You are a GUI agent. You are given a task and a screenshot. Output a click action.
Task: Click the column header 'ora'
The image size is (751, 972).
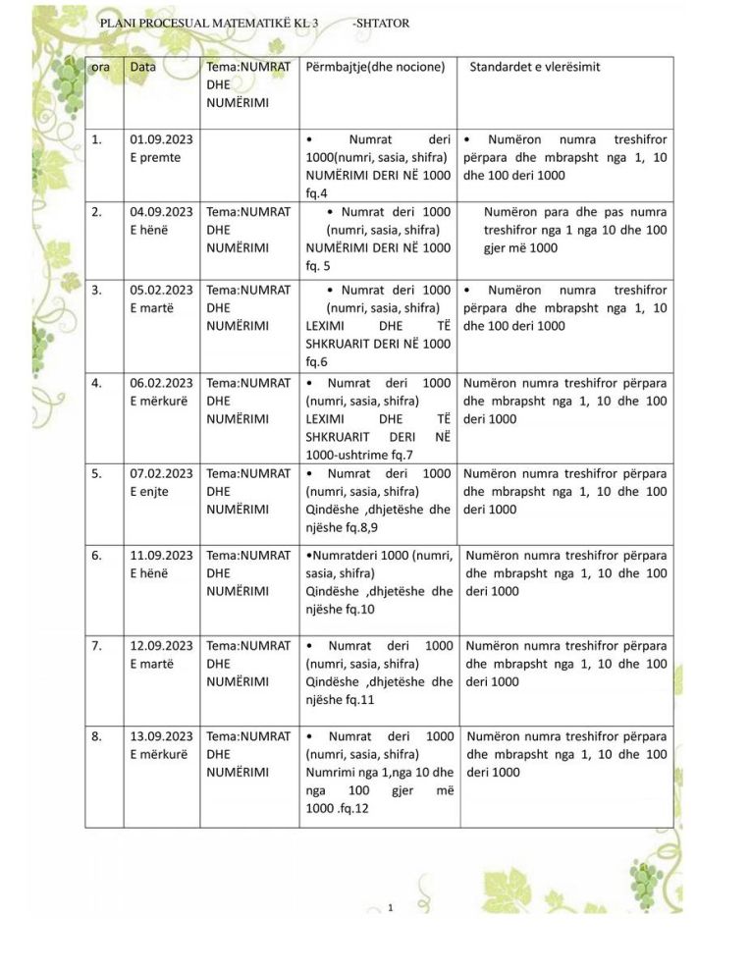(x=100, y=67)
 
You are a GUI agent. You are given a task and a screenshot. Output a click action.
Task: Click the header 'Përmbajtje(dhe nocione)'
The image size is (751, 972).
(x=376, y=67)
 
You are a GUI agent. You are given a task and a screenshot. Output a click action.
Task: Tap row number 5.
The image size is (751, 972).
(x=96, y=473)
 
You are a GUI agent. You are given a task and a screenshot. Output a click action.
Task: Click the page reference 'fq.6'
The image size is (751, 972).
(x=317, y=362)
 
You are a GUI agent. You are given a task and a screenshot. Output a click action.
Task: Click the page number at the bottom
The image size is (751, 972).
(x=391, y=906)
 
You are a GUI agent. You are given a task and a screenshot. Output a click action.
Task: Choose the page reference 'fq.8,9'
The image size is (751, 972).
(x=356, y=528)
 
